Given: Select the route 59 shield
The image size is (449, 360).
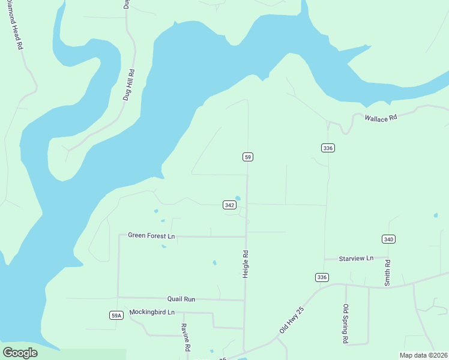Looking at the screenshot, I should tap(248, 157).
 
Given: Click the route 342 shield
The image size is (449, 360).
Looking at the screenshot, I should tap(229, 205).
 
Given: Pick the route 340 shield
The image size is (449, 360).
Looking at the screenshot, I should tap(388, 239).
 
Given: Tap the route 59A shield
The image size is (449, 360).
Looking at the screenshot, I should tap(116, 315).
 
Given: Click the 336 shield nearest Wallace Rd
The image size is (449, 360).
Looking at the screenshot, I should tap(327, 148).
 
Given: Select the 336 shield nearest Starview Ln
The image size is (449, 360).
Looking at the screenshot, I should tap(322, 277).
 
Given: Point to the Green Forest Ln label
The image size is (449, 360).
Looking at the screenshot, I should tap(151, 236).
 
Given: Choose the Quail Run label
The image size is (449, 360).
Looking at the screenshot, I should tap(181, 298).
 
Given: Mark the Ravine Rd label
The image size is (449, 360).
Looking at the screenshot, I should tap(186, 338).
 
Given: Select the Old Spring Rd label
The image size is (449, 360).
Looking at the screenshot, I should tap(346, 324).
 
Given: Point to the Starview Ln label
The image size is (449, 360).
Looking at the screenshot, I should tap(356, 258).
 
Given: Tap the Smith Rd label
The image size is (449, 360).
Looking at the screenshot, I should tap(388, 271).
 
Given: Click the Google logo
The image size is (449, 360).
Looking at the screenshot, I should tap(20, 353).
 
